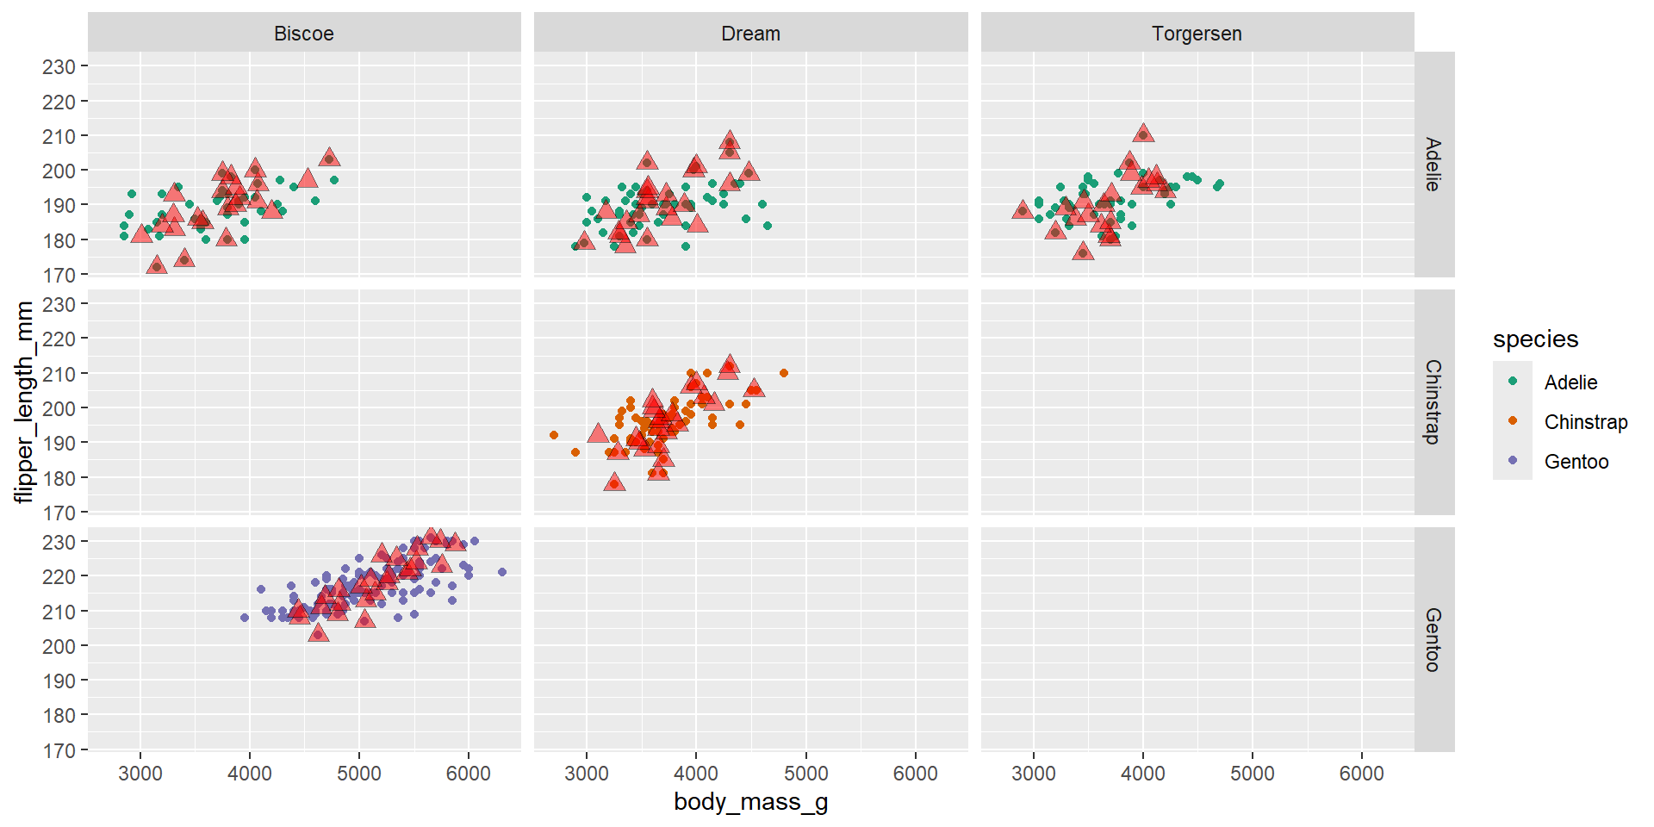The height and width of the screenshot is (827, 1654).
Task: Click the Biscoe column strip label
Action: pyautogui.click(x=304, y=34)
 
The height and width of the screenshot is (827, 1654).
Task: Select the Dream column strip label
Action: pyautogui.click(x=750, y=34)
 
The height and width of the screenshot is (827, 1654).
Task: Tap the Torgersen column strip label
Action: pyautogui.click(x=1197, y=34)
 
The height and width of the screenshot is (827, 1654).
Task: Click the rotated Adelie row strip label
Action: pyautogui.click(x=1433, y=164)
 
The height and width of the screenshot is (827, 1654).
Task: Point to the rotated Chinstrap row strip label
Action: pyautogui.click(x=1433, y=401)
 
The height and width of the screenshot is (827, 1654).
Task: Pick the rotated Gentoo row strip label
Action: pyautogui.click(x=1433, y=639)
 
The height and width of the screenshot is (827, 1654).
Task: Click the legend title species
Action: pyautogui.click(x=1535, y=339)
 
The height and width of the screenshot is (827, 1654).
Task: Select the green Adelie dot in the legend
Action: pyautogui.click(x=1513, y=382)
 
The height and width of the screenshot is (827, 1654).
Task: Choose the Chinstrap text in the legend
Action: pyautogui.click(x=1585, y=422)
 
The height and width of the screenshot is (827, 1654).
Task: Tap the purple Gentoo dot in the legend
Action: pyautogui.click(x=1513, y=461)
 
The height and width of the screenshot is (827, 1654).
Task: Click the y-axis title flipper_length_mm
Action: pyautogui.click(x=23, y=401)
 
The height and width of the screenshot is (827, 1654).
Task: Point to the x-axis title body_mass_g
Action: pyautogui.click(x=750, y=802)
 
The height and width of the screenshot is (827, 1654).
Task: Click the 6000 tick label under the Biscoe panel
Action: pyautogui.click(x=468, y=774)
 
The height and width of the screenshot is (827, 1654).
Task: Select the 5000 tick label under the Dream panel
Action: pyautogui.click(x=805, y=774)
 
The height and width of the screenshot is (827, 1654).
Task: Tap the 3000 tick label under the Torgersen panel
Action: pyautogui.click(x=1033, y=774)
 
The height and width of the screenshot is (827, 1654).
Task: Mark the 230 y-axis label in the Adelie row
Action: pyautogui.click(x=59, y=67)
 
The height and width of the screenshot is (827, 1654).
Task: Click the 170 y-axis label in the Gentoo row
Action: pyautogui.click(x=59, y=750)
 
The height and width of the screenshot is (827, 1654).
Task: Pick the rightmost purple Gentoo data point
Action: pyautogui.click(x=502, y=572)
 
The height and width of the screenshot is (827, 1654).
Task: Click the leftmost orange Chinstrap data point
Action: pyautogui.click(x=554, y=435)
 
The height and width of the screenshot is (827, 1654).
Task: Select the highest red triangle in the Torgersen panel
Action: pyautogui.click(x=1143, y=134)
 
